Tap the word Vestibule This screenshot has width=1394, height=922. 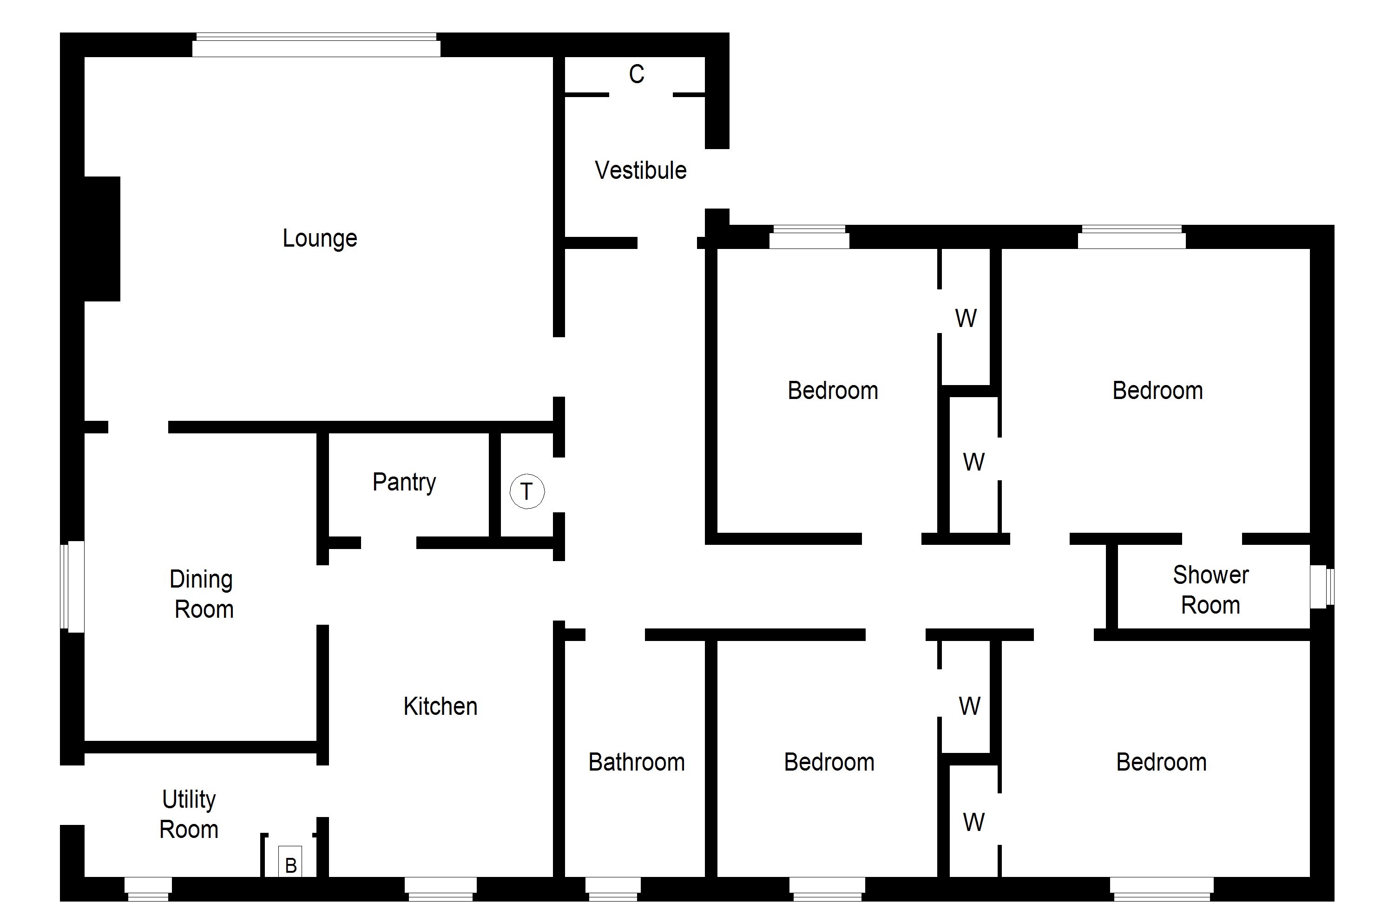point(640,170)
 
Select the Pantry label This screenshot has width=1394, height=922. point(404,482)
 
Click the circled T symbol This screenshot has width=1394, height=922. point(526,491)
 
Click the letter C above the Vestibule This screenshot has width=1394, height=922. point(637,74)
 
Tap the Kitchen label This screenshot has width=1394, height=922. point(440,706)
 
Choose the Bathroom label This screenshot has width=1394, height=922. point(637,762)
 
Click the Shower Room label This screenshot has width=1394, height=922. point(1210,590)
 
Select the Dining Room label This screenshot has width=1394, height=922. point(202,594)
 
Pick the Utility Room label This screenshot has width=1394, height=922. point(189,814)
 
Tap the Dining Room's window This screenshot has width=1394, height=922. point(73,586)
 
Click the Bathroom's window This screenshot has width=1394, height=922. point(612,889)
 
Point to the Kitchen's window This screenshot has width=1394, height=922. point(440,889)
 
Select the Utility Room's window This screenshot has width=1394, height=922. point(148,889)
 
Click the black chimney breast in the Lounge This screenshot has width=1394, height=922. point(102,239)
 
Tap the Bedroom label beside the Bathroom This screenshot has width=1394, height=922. point(829,762)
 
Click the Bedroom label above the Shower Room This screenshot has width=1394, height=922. point(1157,391)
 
